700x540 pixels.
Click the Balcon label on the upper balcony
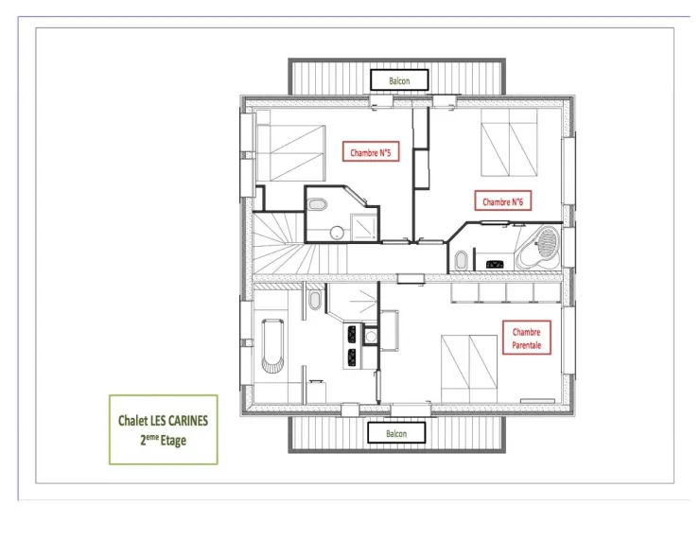(x=399, y=80)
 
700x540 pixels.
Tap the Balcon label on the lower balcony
(x=396, y=433)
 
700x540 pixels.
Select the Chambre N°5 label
(x=371, y=152)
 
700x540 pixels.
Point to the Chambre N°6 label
(x=502, y=201)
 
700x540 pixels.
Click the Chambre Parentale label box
(x=527, y=338)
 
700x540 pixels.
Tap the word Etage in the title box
(x=173, y=441)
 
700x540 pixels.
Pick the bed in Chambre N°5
(x=290, y=153)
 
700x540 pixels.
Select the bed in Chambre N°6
(x=509, y=143)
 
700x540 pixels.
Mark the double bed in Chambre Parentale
(x=469, y=369)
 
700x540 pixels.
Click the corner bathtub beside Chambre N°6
(x=539, y=248)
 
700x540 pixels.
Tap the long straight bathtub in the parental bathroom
(x=272, y=345)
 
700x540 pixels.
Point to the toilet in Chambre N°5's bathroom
(x=318, y=205)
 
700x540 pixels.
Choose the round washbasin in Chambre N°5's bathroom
(x=337, y=232)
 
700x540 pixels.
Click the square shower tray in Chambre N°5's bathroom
(x=365, y=228)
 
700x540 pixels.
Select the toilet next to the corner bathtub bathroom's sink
(x=461, y=260)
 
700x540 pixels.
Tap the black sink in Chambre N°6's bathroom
(x=495, y=264)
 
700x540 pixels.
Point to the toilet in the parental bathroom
(x=315, y=300)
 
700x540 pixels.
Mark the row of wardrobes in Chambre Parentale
(x=506, y=293)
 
